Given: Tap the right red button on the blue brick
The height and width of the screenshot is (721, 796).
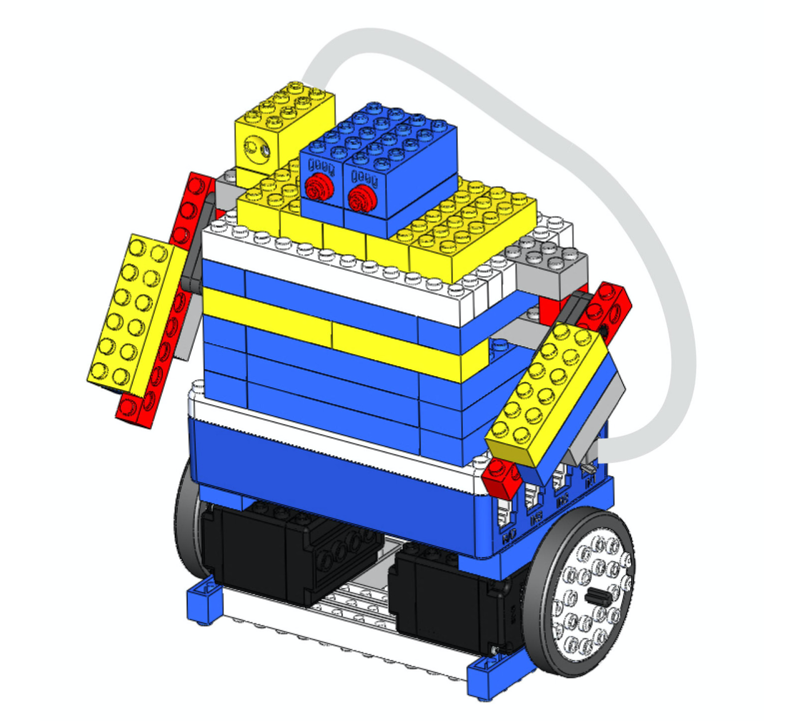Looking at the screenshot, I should click(359, 196).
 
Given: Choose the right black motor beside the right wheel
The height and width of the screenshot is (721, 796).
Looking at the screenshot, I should click(450, 600).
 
